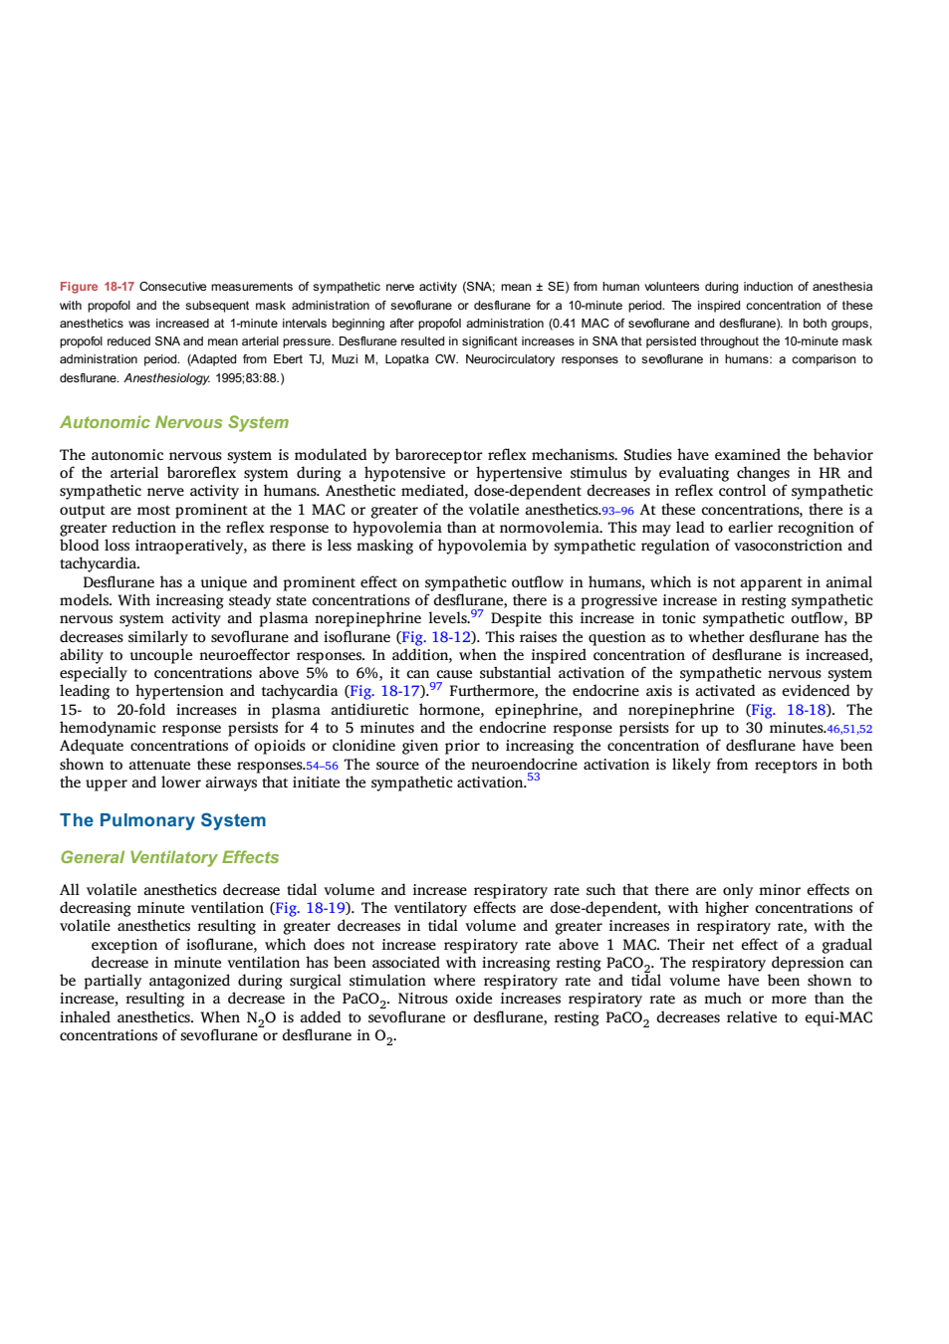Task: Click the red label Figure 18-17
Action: tap(97, 287)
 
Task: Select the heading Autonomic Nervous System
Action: tap(174, 422)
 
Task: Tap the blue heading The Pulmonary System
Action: tap(162, 820)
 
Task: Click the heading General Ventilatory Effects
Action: tap(169, 857)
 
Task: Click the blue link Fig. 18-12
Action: tap(436, 636)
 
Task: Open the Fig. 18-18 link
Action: tap(789, 710)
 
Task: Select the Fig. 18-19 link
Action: tap(311, 908)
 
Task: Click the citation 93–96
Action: tap(617, 512)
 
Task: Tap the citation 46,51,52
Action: tap(849, 730)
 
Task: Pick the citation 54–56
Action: tap(323, 767)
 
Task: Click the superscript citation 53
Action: tap(534, 778)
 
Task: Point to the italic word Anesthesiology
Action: tap(167, 379)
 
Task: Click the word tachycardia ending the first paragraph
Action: tap(99, 564)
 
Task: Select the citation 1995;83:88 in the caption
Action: tap(247, 379)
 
